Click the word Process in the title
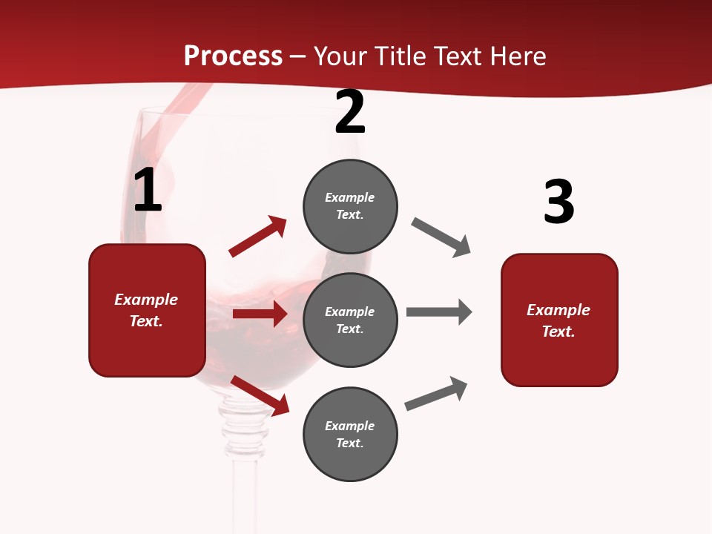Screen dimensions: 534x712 point(233,56)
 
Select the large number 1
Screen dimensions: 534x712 point(148,191)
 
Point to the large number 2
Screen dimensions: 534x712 point(350,112)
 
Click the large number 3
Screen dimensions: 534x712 point(558,202)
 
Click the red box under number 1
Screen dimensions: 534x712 point(147,310)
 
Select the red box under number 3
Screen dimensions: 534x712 point(559,320)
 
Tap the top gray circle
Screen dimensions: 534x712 point(350,205)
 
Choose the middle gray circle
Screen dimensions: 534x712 point(350,320)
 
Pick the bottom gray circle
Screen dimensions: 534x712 point(350,434)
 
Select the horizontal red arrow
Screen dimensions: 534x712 point(260,314)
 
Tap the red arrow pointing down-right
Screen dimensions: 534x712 point(260,395)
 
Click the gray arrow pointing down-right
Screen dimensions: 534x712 point(441,237)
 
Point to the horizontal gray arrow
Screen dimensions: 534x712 point(438,311)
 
